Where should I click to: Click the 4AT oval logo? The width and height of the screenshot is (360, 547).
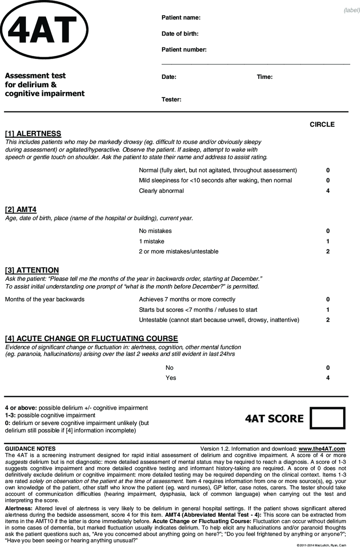45,30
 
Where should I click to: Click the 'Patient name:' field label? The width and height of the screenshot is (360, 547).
181,18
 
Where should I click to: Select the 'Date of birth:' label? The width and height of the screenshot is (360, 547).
180,34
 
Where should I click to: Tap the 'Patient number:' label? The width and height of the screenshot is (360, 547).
184,50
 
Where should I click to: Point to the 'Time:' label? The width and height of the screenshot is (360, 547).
265,77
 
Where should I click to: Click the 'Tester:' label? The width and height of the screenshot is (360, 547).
172,100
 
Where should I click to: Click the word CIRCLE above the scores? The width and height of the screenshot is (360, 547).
322,125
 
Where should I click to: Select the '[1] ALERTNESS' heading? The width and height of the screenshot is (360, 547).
33,134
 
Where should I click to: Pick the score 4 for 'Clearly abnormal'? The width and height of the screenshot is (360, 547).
328,191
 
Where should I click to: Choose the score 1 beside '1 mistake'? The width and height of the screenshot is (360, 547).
328,241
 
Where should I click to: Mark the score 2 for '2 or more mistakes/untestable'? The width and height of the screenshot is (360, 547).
328,251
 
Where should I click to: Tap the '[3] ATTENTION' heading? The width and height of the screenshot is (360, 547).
32,270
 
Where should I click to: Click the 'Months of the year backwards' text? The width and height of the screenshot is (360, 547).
44,300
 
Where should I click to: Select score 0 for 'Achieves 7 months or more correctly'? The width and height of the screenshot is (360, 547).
328,300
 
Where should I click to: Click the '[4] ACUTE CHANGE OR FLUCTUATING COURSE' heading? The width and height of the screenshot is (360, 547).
91,339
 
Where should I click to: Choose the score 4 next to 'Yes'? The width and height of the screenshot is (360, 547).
328,378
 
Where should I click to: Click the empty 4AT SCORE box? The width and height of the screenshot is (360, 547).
328,418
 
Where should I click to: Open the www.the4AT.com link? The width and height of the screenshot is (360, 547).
322,449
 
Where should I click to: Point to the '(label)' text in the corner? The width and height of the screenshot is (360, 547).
352,10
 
